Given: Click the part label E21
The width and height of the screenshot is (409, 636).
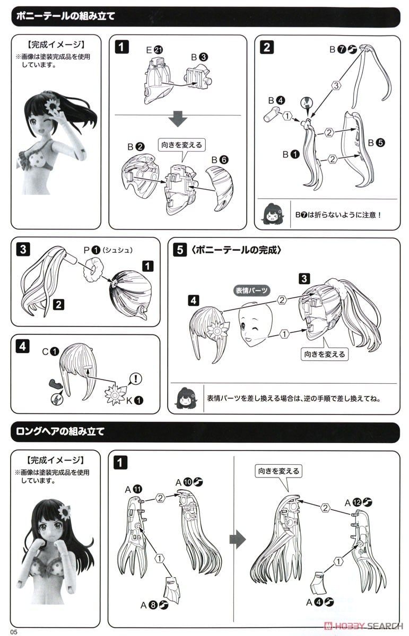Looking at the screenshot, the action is click(154, 50).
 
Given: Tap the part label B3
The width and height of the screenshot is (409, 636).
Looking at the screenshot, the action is click(199, 57).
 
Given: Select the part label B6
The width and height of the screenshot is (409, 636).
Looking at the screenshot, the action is click(220, 160).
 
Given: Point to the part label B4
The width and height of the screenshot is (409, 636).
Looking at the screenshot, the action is click(276, 101).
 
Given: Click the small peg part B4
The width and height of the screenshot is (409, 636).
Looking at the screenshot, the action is click(272, 114).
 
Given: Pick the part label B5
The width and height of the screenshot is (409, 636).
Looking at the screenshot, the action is click(376, 143).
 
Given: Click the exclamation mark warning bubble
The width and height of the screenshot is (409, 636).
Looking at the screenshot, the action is click(136, 378).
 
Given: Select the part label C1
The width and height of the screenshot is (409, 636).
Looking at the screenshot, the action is click(50, 352).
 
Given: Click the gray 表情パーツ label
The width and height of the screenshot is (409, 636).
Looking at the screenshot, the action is click(251, 290).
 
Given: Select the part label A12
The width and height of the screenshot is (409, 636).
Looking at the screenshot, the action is click(359, 502).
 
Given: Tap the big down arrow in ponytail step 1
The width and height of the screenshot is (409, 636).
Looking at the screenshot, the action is click(178, 119).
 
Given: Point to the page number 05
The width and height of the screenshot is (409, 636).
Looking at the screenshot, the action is click(14, 632).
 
